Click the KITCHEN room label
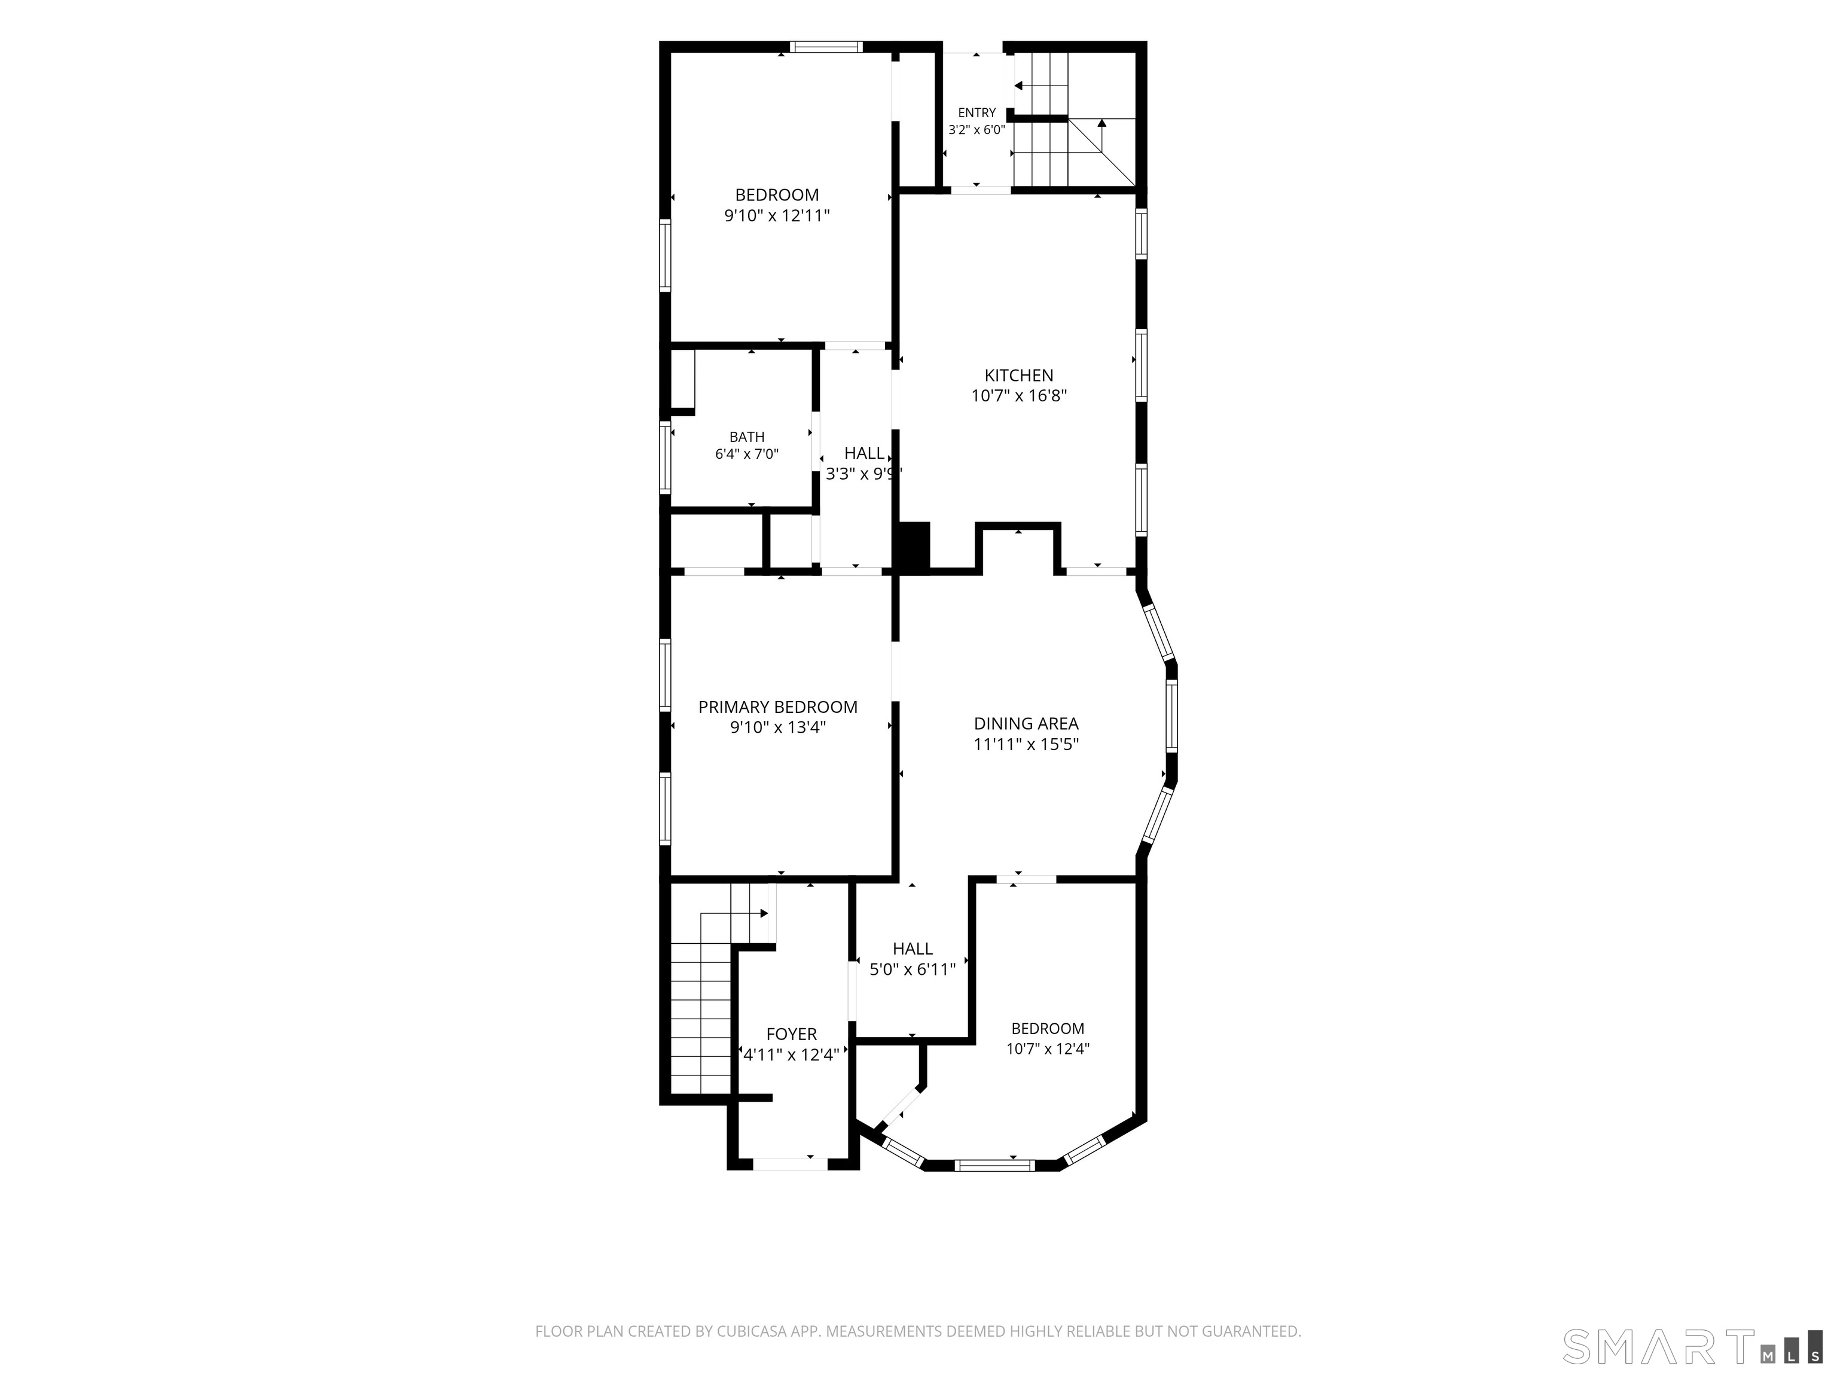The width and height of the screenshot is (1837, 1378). tap(1018, 376)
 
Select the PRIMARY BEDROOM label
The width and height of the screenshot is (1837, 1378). tap(777, 707)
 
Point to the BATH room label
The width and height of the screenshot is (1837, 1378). tap(747, 437)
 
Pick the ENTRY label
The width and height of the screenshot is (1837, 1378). tap(977, 113)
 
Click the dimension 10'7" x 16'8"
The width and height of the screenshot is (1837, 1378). tap(1018, 396)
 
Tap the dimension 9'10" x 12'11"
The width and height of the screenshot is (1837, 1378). tap(777, 216)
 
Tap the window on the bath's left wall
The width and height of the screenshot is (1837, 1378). tap(665, 457)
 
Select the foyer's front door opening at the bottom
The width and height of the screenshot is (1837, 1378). tap(790, 1164)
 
